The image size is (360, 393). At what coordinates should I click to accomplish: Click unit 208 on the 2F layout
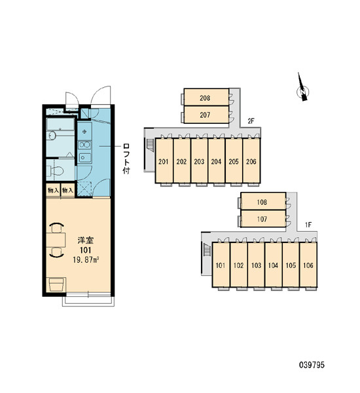(x=206, y=97)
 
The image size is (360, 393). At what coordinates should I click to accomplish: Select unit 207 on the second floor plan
(x=206, y=115)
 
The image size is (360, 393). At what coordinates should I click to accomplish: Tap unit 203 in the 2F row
(x=199, y=161)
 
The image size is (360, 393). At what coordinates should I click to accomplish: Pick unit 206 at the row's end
(x=251, y=161)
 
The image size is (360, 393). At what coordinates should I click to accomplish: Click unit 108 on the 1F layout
(x=263, y=201)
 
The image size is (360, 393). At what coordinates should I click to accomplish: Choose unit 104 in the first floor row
(x=273, y=265)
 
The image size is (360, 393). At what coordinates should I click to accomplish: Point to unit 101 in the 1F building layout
(x=221, y=265)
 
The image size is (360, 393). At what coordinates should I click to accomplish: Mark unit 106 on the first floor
(x=308, y=265)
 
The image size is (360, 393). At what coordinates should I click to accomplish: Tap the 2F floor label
(x=251, y=121)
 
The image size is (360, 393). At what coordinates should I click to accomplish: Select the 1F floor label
(x=308, y=225)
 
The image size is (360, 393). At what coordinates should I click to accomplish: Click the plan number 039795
(x=312, y=365)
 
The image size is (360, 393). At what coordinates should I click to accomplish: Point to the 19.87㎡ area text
(x=86, y=259)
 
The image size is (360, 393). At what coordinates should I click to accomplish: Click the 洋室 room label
(x=86, y=240)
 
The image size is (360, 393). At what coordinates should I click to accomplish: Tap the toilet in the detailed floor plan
(x=55, y=171)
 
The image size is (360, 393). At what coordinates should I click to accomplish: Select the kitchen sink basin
(x=84, y=157)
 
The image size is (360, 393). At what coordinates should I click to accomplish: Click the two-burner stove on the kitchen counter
(x=84, y=145)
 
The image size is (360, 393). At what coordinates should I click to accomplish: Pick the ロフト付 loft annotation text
(x=126, y=159)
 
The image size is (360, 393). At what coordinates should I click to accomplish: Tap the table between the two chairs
(x=56, y=240)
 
